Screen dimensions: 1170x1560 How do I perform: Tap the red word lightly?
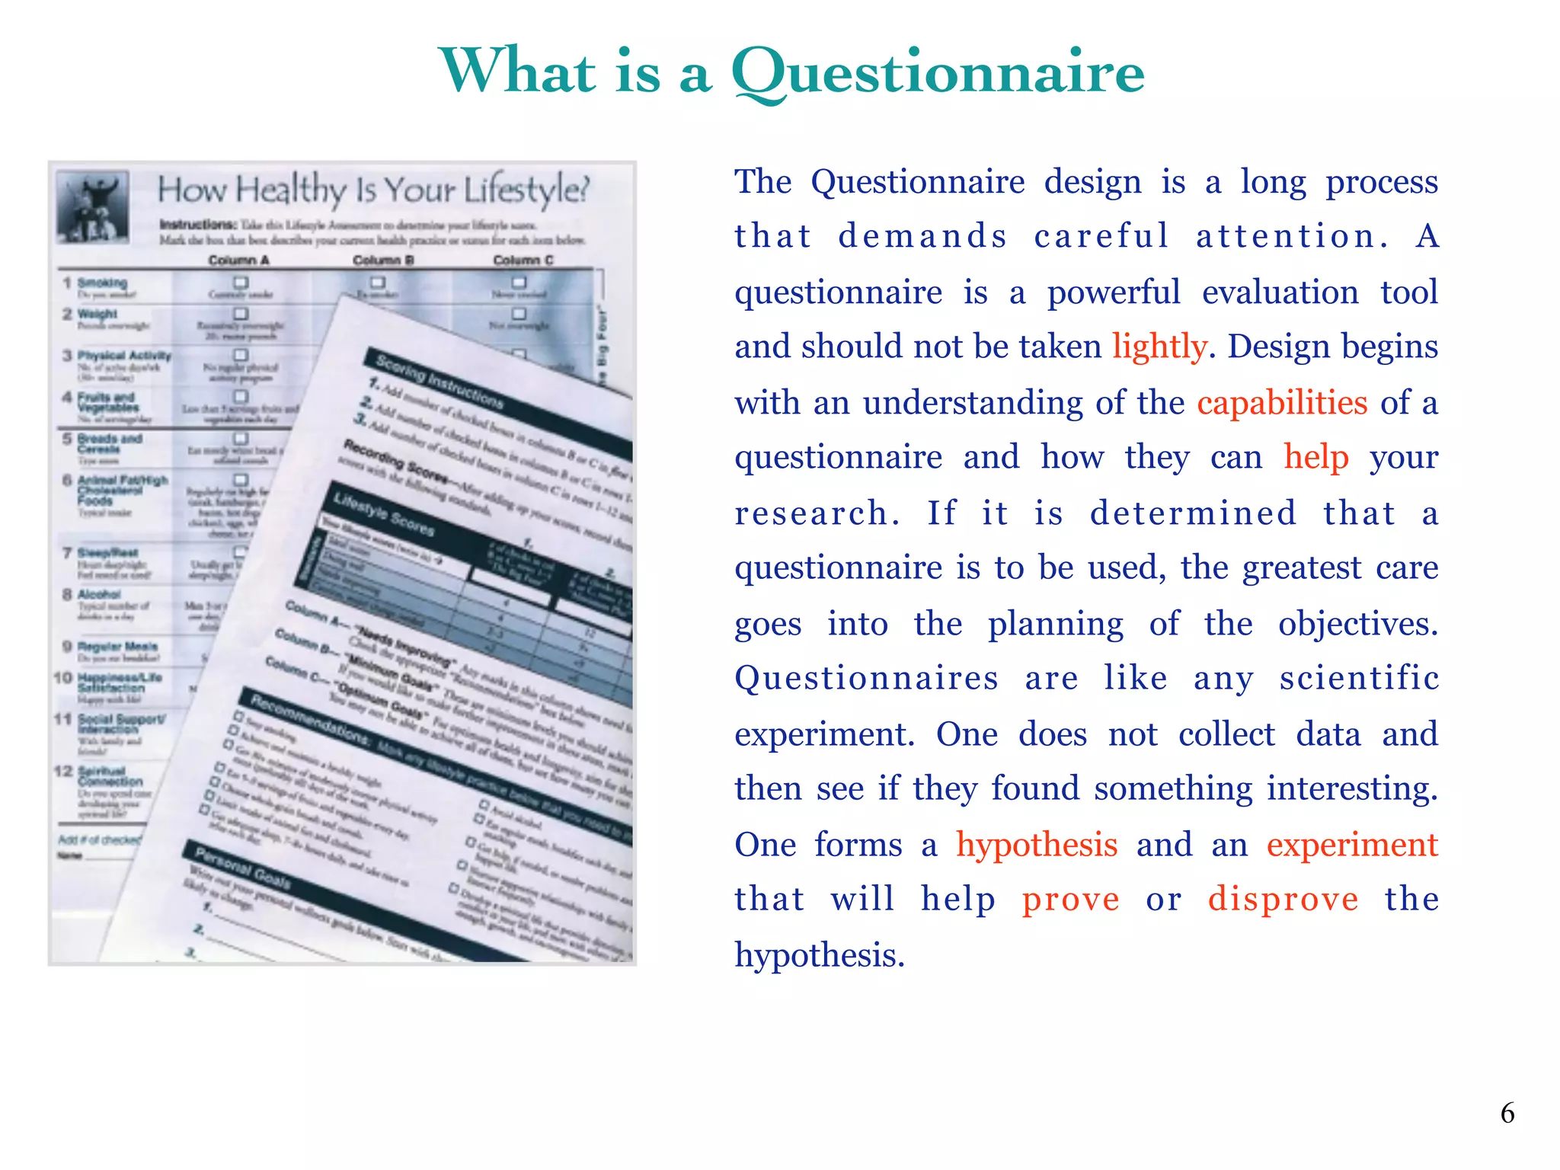(1159, 347)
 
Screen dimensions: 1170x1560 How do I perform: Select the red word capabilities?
(1282, 402)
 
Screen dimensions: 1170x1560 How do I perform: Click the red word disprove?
(1283, 900)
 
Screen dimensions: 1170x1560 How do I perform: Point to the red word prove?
(1070, 900)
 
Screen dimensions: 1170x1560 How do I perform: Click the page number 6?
(1507, 1114)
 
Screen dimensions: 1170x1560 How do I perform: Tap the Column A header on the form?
(238, 261)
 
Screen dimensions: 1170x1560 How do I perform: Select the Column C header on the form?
(523, 261)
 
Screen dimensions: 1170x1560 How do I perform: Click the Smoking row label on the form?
(102, 283)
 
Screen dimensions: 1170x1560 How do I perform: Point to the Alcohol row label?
(99, 594)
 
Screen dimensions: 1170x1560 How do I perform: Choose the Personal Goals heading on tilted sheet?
(242, 868)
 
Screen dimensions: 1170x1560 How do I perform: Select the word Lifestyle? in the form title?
(526, 190)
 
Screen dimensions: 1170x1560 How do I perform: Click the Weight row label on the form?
(97, 314)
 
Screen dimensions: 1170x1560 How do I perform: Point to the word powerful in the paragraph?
(1114, 292)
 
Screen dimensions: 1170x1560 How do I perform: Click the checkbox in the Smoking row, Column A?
(241, 283)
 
